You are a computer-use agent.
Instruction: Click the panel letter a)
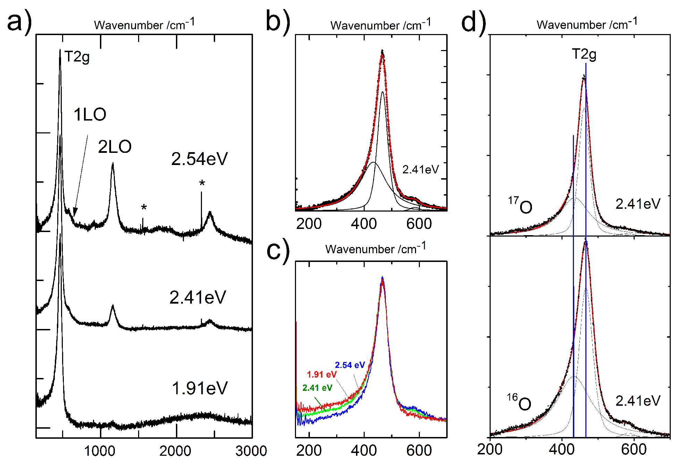[19, 22]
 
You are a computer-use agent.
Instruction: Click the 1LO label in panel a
[90, 115]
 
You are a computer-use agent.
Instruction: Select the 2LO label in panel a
[115, 147]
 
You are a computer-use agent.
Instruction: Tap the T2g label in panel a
[77, 57]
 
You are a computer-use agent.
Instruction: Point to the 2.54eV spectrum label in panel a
[199, 159]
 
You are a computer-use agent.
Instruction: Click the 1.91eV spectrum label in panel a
[200, 388]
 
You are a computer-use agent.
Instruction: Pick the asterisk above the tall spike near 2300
[202, 183]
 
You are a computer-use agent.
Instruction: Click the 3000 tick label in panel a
[251, 451]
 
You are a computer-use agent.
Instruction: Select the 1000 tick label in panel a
[100, 451]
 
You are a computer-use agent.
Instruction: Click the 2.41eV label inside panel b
[421, 170]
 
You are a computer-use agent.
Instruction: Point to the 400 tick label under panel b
[364, 224]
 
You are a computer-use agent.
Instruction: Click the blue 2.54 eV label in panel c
[350, 365]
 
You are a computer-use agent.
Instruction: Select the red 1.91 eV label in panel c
[322, 374]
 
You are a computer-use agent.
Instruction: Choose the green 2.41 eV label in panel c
[317, 388]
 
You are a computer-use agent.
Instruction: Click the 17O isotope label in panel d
[520, 206]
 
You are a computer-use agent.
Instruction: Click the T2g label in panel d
[584, 55]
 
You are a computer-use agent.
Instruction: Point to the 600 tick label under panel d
[634, 450]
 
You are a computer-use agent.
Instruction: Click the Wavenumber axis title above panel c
[375, 249]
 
